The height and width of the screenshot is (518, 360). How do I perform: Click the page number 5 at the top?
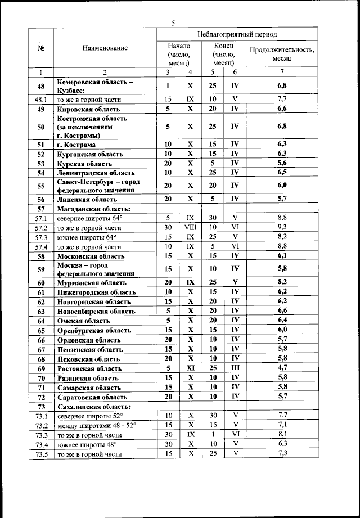click(x=173, y=23)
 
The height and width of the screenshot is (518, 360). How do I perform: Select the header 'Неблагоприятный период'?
click(x=236, y=34)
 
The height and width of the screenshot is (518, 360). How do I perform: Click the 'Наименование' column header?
click(x=105, y=48)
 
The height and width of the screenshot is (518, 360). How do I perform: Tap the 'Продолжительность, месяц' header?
click(x=282, y=53)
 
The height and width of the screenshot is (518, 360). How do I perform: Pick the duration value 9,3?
click(x=282, y=228)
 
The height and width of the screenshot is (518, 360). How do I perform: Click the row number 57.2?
click(x=40, y=228)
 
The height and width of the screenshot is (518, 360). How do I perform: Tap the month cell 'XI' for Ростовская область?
click(x=190, y=368)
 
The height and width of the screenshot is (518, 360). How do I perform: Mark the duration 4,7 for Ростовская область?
click(x=282, y=368)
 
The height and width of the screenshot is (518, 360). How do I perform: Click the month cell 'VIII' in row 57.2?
click(x=190, y=228)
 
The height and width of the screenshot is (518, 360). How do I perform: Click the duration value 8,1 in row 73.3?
click(x=282, y=435)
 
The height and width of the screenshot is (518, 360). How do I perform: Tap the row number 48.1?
click(x=40, y=100)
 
